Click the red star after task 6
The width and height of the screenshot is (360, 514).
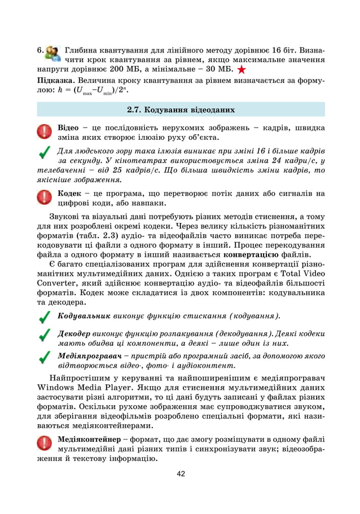242,70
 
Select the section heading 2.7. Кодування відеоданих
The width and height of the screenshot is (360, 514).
181,109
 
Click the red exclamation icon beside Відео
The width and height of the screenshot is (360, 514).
44,131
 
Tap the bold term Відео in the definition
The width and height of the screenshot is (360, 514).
68,127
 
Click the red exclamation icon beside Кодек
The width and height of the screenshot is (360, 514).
44,197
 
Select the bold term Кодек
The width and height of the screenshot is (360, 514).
70,193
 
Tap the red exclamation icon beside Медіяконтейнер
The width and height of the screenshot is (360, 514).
44,443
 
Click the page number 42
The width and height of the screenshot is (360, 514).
180,473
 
